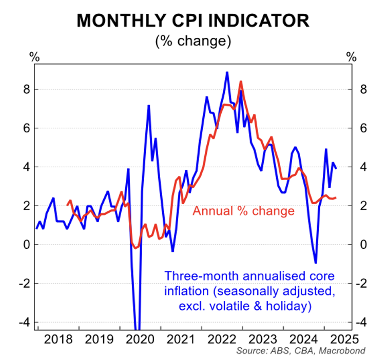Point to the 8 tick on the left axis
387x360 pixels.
(x=28, y=89)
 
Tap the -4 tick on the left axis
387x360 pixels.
(x=26, y=323)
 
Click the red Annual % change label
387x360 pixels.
(x=243, y=211)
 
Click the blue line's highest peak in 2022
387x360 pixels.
(x=227, y=72)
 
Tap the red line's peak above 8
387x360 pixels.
(x=241, y=81)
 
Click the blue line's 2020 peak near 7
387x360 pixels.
(x=148, y=106)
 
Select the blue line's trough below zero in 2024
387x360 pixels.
(x=316, y=263)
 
